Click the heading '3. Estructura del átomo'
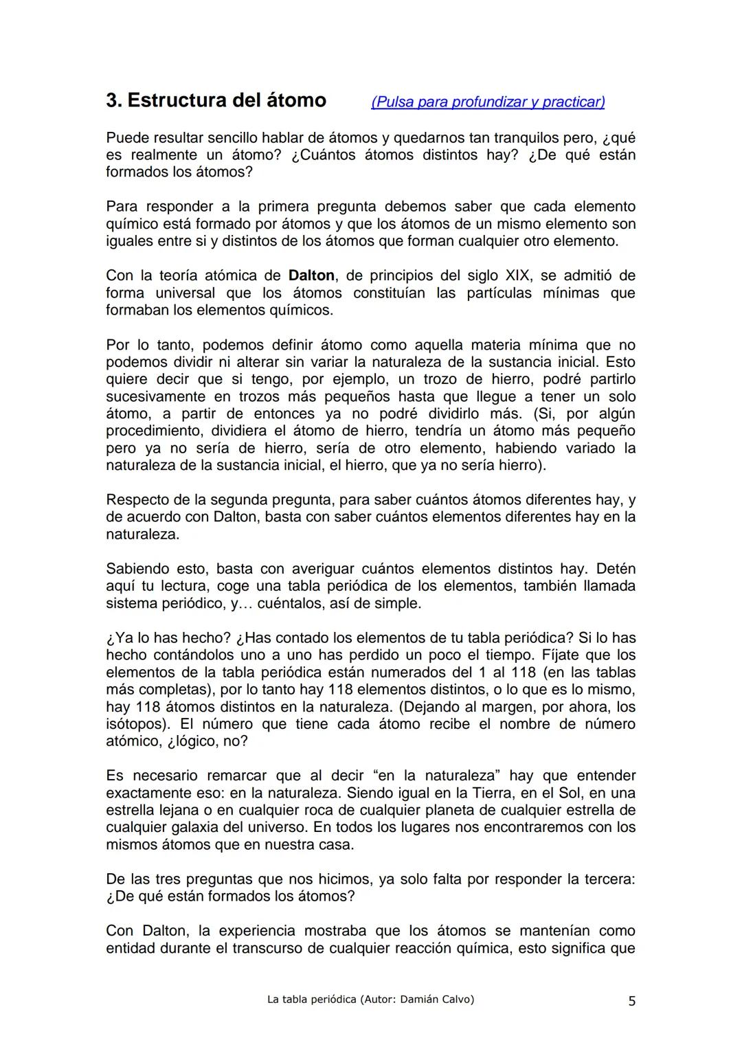click(216, 100)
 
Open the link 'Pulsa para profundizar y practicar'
click(488, 102)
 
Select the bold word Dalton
click(311, 275)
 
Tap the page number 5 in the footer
click(631, 1001)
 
